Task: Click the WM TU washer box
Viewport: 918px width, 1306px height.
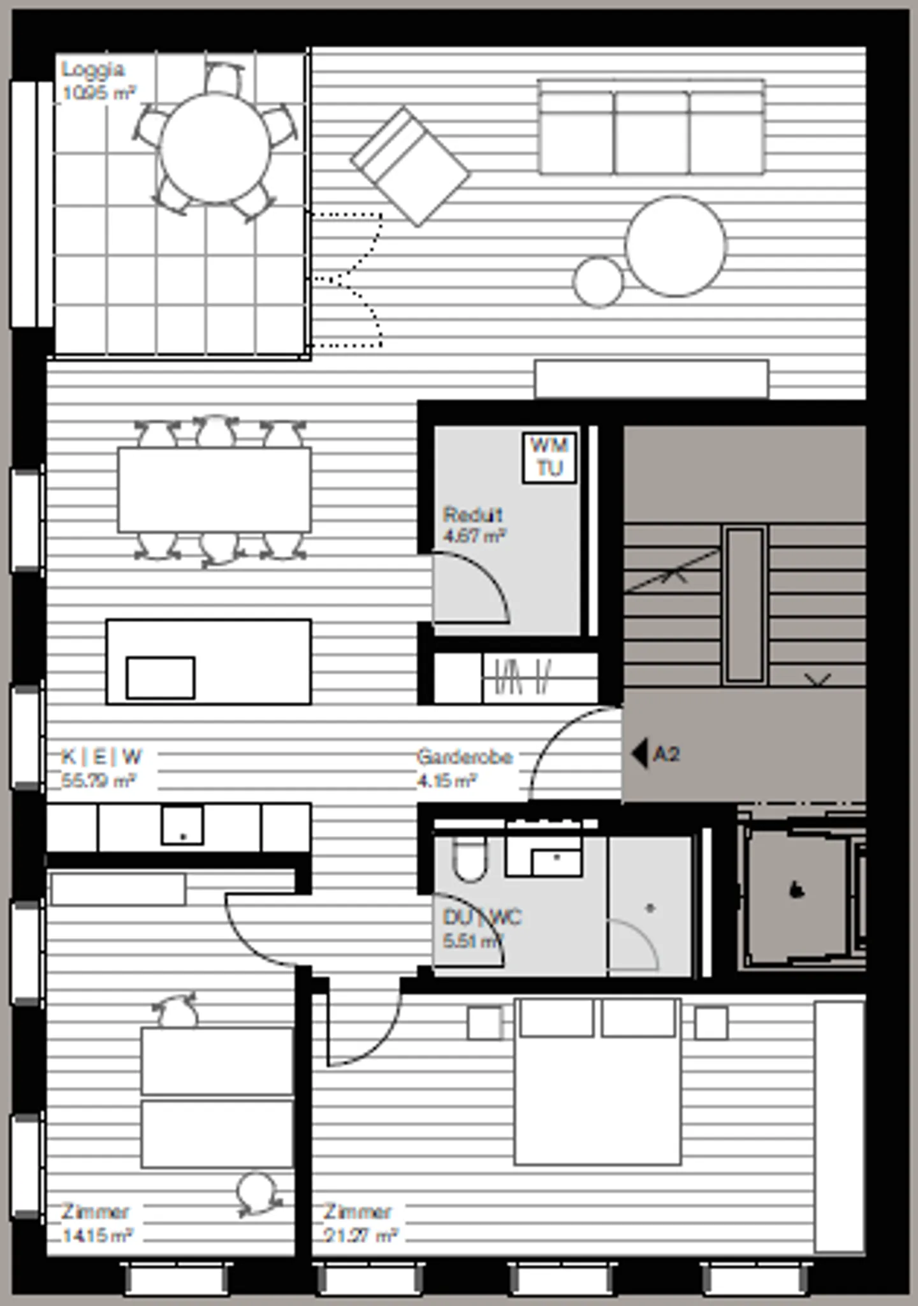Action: (x=550, y=457)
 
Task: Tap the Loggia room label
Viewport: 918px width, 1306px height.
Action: (x=93, y=70)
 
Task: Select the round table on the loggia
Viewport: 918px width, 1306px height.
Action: (x=215, y=149)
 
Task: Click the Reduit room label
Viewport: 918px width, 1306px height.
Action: (x=472, y=515)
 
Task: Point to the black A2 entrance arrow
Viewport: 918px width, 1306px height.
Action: (x=639, y=754)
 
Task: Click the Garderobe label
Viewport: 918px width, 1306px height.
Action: (x=464, y=757)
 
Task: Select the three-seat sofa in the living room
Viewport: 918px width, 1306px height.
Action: (x=652, y=128)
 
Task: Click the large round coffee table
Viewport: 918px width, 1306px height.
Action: (x=675, y=246)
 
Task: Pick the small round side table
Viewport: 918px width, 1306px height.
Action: (x=598, y=281)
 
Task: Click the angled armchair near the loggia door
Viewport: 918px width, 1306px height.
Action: (x=411, y=167)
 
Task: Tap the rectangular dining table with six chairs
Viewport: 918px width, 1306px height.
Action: (x=214, y=490)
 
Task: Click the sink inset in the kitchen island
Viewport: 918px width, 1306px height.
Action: (x=160, y=678)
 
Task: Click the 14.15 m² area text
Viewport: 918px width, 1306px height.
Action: (x=97, y=1236)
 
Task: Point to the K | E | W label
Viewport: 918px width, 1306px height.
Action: (x=101, y=757)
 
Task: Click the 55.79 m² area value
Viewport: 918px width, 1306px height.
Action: (x=99, y=781)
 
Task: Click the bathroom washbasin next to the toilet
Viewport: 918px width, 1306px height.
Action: (x=556, y=861)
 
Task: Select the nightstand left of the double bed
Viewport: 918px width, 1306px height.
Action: (x=484, y=1023)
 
